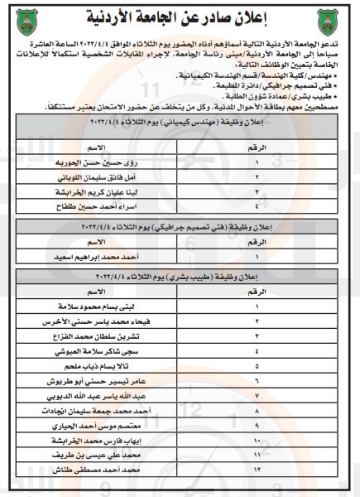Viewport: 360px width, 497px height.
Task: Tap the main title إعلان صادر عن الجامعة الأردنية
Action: [x=180, y=17]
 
